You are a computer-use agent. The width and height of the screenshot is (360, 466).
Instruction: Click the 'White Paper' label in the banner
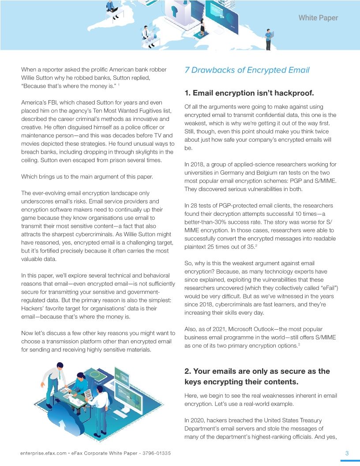coord(318,18)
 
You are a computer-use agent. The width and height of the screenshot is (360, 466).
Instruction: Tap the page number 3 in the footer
coord(347,453)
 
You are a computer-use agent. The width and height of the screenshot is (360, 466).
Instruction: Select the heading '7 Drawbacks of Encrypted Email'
coord(247,70)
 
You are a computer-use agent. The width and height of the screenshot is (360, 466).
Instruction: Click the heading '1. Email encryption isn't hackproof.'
coord(249,93)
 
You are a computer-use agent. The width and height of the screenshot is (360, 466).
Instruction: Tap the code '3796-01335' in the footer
coord(157,453)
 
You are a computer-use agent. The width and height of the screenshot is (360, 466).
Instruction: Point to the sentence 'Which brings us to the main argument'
coord(87,177)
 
